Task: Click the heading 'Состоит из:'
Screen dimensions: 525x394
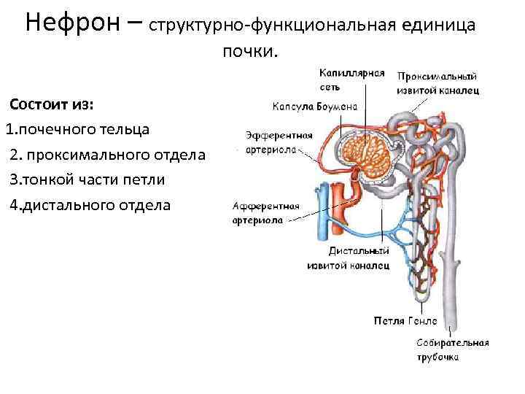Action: point(51,104)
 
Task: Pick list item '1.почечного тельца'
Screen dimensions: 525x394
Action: point(78,129)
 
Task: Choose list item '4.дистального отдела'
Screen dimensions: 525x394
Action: point(90,205)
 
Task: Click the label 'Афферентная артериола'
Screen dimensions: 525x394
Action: point(263,212)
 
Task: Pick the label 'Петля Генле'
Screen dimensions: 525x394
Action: point(405,320)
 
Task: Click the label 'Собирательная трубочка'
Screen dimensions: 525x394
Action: point(452,349)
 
